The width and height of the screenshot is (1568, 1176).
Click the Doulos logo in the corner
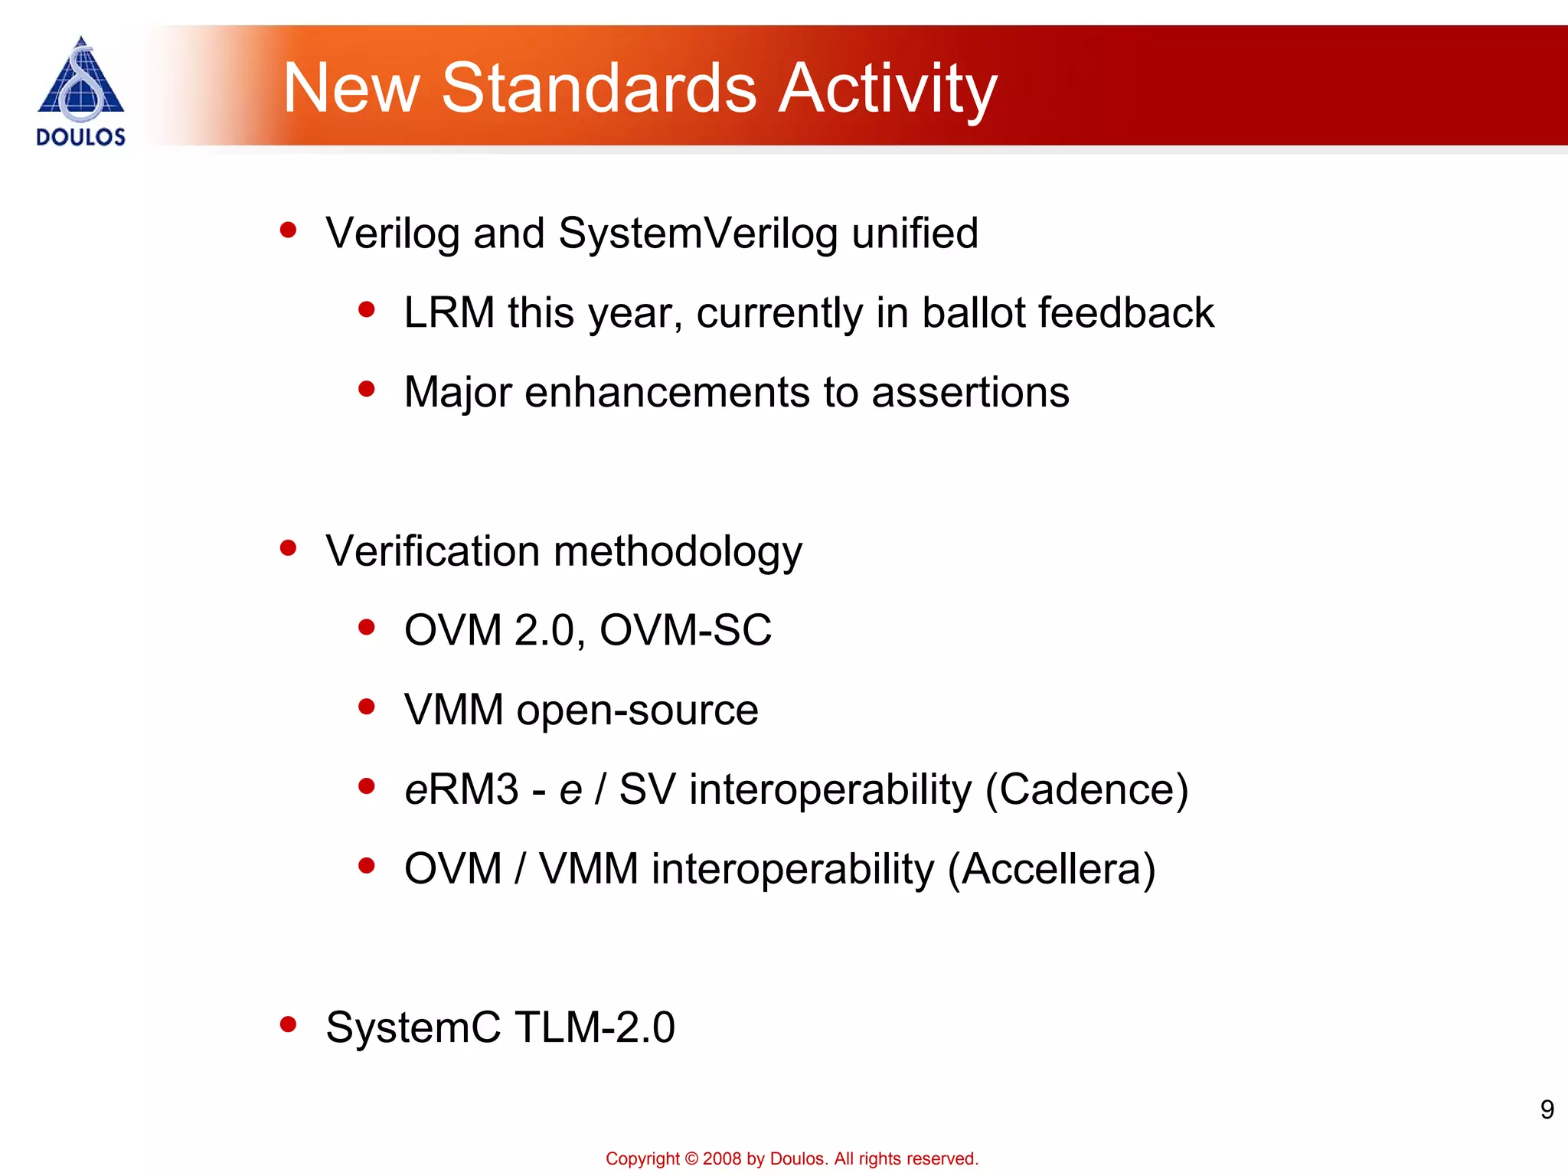click(80, 90)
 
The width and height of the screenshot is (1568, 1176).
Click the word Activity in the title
click(888, 89)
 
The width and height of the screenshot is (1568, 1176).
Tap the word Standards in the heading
click(599, 89)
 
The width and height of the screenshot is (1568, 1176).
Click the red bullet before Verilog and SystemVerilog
click(289, 230)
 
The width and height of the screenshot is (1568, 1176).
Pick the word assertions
click(970, 393)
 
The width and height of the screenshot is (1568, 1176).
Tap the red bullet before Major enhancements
click(367, 389)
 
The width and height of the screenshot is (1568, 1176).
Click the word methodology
click(678, 552)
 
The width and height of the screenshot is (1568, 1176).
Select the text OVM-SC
click(685, 631)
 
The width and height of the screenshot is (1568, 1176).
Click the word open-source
click(638, 710)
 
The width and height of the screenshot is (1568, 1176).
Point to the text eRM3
click(461, 789)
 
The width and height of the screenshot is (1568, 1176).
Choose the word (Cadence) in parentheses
click(1086, 789)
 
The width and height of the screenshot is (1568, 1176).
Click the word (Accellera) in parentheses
click(1051, 869)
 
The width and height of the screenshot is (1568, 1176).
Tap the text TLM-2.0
click(595, 1027)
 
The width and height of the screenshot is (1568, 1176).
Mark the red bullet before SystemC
click(289, 1024)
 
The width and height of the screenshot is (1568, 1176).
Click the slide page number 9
click(1547, 1109)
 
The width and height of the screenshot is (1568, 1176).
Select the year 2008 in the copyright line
click(722, 1158)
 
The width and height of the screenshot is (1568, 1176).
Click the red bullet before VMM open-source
click(367, 707)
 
